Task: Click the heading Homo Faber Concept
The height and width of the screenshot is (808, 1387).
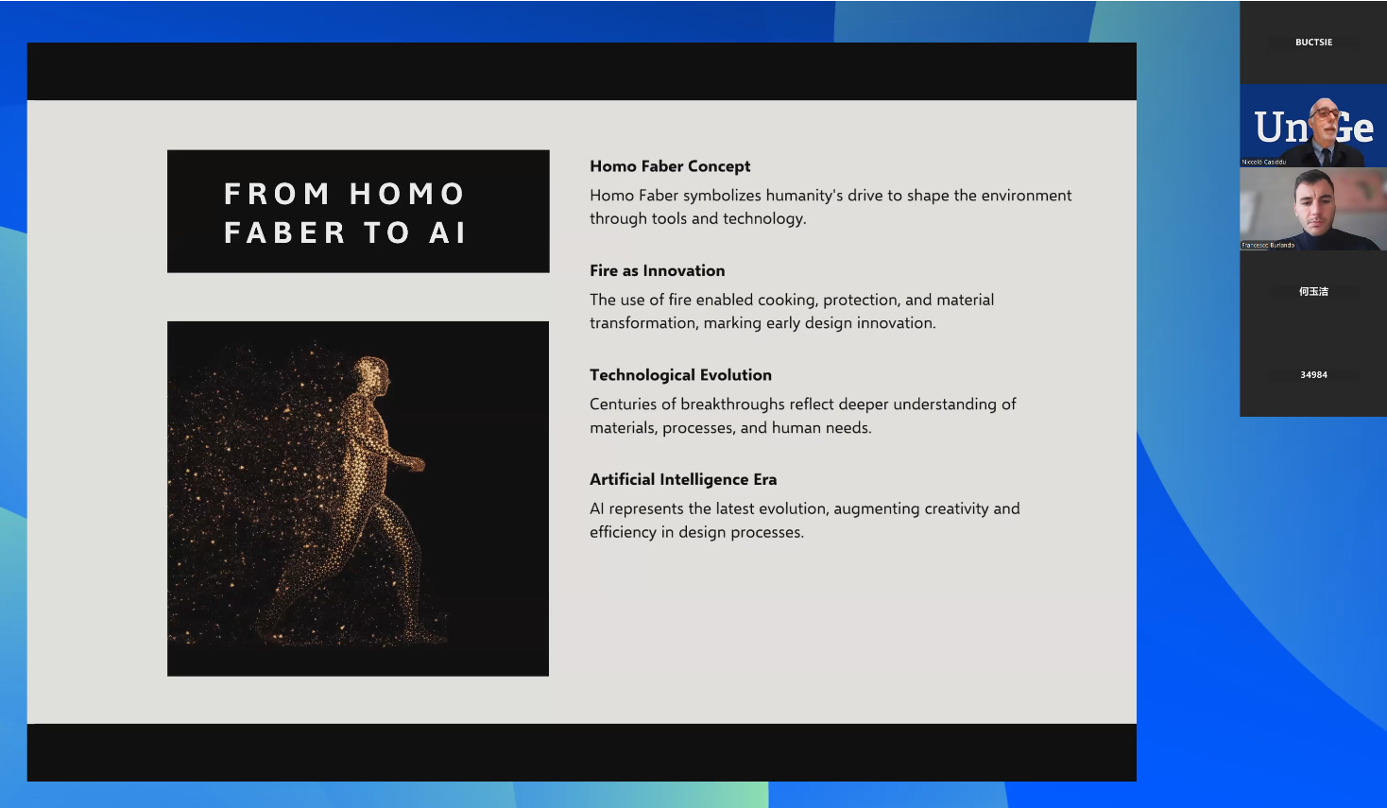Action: [670, 166]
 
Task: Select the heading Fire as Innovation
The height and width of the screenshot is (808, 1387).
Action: [657, 270]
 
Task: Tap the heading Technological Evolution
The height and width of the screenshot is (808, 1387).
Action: [680, 374]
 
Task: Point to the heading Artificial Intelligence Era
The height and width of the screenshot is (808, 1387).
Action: [683, 479]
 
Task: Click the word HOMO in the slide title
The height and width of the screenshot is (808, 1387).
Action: [407, 194]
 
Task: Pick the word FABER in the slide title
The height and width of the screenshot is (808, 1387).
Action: [284, 232]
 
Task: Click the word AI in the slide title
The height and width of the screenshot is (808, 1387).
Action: [447, 232]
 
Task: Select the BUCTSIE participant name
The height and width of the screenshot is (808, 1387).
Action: [1313, 43]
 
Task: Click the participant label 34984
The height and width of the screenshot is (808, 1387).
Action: [1313, 374]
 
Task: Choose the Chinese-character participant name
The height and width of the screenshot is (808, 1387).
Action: [1313, 291]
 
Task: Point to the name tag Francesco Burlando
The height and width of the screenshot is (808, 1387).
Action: [1268, 245]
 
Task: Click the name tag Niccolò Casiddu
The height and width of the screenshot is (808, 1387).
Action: [1263, 163]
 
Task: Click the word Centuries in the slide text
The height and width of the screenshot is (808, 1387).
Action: [623, 404]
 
